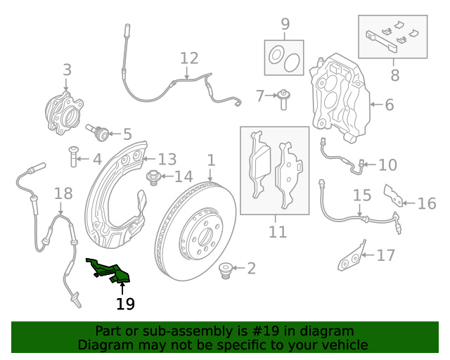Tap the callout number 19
(x=125, y=304)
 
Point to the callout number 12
(x=189, y=58)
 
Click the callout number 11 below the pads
(x=277, y=231)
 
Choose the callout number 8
(x=394, y=74)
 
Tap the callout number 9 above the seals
(x=285, y=25)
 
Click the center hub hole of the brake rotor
(x=204, y=235)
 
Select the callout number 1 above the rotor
(x=211, y=161)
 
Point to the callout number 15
(x=361, y=195)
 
